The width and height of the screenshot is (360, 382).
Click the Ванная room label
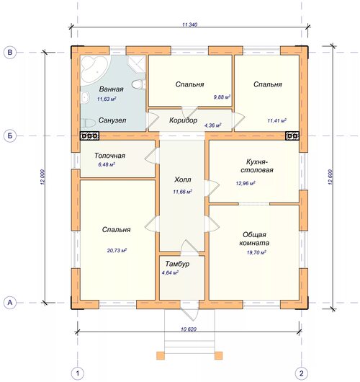[111, 89]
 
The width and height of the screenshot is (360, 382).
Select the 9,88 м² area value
[222, 97]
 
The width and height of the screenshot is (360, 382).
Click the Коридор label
[183, 120]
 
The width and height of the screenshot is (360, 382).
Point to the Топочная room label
[109, 156]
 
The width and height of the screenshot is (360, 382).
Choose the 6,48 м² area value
[107, 164]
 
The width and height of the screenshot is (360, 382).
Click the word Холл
[183, 179]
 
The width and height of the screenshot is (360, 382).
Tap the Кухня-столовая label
[257, 166]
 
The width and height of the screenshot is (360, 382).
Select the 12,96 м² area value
[246, 183]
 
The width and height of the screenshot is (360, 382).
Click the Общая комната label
[254, 239]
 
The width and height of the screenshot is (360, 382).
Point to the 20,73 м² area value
[117, 250]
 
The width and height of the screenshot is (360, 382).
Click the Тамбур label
[177, 264]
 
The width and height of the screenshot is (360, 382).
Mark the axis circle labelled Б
[10, 136]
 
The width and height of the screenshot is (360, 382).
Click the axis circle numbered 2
[302, 373]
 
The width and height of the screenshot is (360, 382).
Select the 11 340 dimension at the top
[189, 25]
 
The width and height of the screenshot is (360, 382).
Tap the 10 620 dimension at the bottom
[189, 329]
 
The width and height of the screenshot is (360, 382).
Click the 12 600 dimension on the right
[330, 177]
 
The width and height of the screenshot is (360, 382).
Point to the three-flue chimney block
[89, 136]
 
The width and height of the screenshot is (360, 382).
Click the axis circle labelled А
[10, 303]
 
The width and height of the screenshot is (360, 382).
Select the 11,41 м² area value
[276, 120]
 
